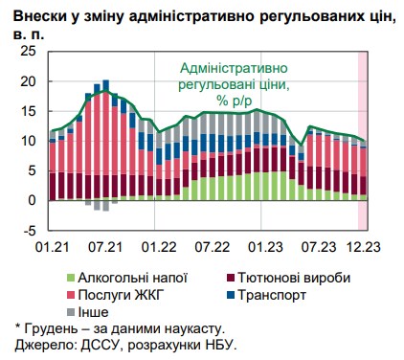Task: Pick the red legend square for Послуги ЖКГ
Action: (x=70, y=295)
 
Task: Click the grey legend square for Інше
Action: (x=70, y=312)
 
